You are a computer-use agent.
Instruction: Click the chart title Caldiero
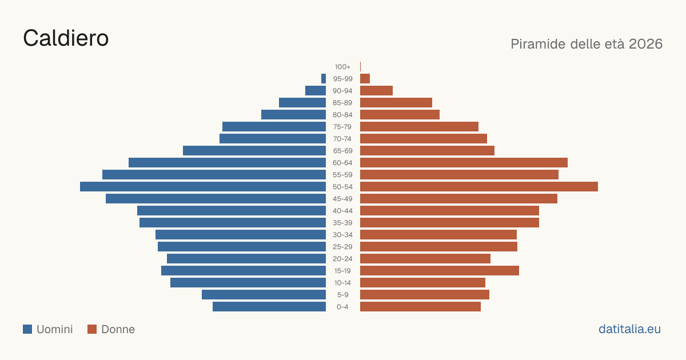[66, 38]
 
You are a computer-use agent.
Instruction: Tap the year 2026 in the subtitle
[645, 44]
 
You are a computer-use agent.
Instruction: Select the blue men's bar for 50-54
[203, 187]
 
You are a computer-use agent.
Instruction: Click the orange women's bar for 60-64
[464, 162]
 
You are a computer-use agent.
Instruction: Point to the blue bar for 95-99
[324, 79]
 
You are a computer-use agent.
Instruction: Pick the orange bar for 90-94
[376, 91]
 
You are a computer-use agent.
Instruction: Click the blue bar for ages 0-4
[269, 307]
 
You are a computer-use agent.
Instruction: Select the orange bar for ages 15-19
[440, 271]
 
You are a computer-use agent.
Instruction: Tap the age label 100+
[342, 67]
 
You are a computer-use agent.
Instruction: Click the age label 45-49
[342, 199]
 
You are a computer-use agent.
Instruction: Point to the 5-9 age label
[342, 295]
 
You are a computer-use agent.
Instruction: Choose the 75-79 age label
[342, 127]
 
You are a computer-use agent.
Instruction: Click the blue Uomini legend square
[27, 329]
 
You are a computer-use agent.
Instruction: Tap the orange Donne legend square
[92, 329]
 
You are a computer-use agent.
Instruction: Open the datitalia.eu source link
[629, 329]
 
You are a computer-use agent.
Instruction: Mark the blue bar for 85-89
[302, 102]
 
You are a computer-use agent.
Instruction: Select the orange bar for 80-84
[400, 115]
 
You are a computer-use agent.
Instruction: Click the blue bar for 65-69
[254, 151]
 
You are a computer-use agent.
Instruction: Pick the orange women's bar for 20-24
[425, 259]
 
